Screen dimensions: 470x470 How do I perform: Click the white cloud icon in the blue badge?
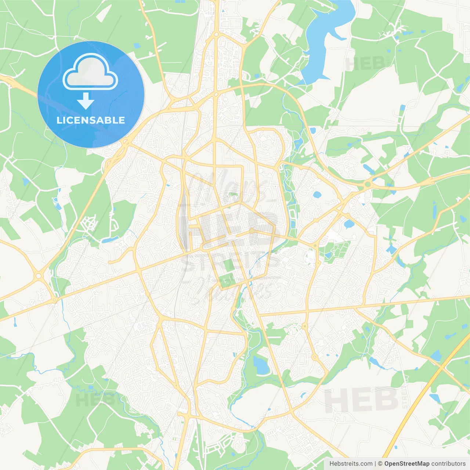pos(90,72)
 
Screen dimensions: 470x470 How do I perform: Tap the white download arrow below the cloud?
pos(86,101)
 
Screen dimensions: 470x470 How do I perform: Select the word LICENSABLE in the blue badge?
pos(91,120)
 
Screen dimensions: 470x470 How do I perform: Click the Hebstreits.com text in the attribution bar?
pos(351,464)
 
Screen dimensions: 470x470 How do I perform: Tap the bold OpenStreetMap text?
pos(406,464)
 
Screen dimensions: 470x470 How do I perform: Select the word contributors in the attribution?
pos(448,464)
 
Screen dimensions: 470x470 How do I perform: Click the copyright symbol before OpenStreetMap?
pos(380,464)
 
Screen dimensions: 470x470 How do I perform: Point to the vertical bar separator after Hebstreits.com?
pos(375,464)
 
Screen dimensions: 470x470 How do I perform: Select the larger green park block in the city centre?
pos(227,281)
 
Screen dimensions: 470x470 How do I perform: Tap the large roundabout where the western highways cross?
pos(38,275)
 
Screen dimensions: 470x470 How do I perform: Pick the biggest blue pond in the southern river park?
pos(261,365)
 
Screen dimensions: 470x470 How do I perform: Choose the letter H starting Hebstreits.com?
pos(332,464)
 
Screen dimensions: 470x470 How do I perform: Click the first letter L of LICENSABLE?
pos(59,120)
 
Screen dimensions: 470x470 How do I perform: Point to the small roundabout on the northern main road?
pos(216,34)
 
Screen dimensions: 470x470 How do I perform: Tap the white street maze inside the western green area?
pos(89,223)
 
